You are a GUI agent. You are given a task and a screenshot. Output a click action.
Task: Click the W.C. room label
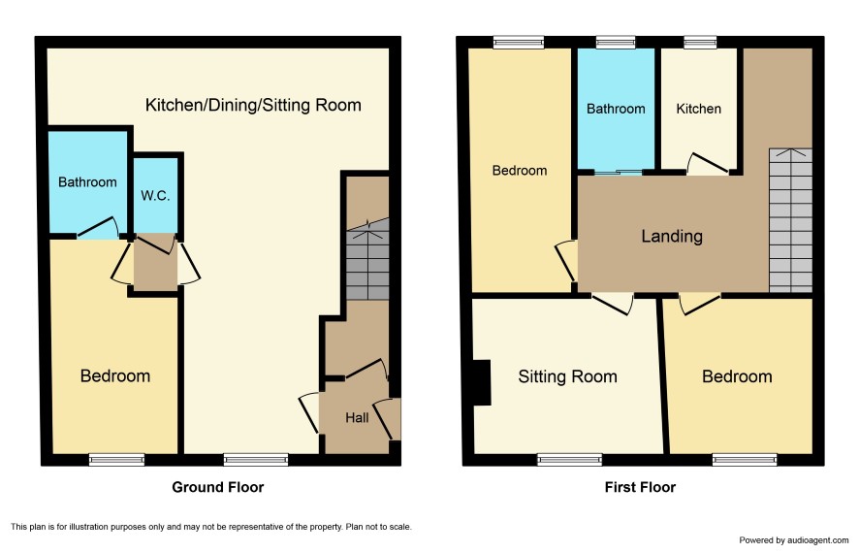tap(155, 196)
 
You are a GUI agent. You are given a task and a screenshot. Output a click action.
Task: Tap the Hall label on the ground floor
tap(357, 418)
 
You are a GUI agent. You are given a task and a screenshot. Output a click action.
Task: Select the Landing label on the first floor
tap(672, 236)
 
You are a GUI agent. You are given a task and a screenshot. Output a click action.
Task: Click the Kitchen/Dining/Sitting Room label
tap(253, 105)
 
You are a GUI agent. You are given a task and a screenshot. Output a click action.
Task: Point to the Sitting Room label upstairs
tap(567, 376)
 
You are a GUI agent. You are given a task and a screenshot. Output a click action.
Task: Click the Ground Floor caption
tap(218, 487)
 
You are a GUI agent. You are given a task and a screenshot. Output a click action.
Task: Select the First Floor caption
tap(640, 487)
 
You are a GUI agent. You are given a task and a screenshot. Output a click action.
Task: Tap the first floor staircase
tap(790, 220)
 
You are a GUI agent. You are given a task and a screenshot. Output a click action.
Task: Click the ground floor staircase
tap(367, 259)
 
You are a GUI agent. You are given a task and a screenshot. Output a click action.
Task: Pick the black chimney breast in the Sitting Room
tap(482, 382)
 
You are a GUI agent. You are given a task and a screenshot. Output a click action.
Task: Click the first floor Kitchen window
tap(700, 42)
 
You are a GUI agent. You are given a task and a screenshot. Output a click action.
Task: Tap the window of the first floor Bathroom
tap(616, 42)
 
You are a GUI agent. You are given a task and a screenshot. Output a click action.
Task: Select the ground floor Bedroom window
tap(117, 459)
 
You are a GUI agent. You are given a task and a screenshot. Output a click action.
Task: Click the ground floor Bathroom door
tap(98, 228)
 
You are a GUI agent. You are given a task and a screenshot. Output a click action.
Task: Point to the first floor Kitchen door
tap(708, 164)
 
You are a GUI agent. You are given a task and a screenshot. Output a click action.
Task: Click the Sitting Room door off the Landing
tap(613, 305)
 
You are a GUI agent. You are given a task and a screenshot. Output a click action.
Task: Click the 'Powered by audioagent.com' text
tap(794, 540)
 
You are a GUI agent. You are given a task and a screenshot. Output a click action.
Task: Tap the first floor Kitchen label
tap(698, 109)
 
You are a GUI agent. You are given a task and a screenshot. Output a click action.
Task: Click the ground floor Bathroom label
tap(87, 182)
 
